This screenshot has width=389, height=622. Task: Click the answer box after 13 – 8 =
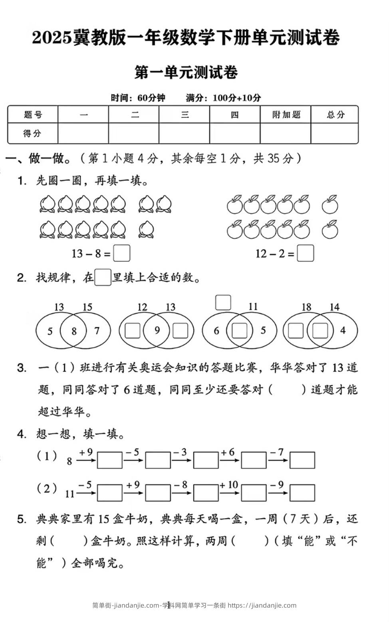(x=121, y=253)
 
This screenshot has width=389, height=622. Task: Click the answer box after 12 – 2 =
(x=306, y=253)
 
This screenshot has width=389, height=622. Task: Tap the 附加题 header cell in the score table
(x=286, y=115)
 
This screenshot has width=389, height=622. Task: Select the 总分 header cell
(x=335, y=115)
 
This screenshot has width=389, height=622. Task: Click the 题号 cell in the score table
(x=33, y=115)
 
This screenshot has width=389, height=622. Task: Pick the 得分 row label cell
(x=33, y=133)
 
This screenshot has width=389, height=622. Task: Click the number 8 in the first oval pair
(x=74, y=331)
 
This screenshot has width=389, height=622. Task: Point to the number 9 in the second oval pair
(x=157, y=330)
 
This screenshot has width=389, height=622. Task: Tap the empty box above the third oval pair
(x=223, y=302)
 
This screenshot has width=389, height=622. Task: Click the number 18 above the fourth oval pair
(x=306, y=307)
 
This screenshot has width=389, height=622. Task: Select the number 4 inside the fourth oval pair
(x=343, y=330)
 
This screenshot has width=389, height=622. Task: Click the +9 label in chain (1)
(x=85, y=452)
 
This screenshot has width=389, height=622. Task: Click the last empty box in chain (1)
(x=302, y=460)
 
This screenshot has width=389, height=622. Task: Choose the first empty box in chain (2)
(x=110, y=493)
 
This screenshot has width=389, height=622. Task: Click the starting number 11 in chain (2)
(x=70, y=494)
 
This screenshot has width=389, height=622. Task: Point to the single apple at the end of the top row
(x=330, y=205)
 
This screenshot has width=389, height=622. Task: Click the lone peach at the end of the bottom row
(x=147, y=230)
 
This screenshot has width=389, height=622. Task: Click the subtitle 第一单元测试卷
(x=187, y=72)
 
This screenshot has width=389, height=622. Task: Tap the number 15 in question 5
(x=103, y=519)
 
